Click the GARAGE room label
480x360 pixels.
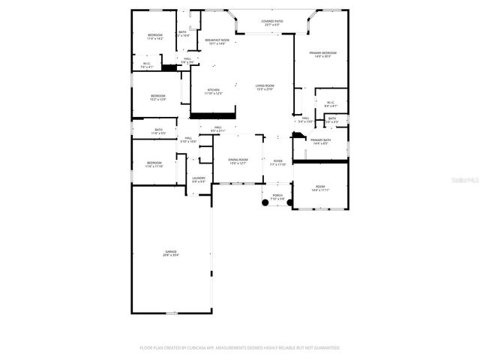click(x=170, y=253)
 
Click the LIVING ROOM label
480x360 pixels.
click(x=265, y=88)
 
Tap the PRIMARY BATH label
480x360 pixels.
click(x=320, y=141)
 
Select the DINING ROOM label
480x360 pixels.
click(x=237, y=161)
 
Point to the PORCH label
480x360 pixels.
click(x=277, y=196)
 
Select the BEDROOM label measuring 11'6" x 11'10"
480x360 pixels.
click(x=154, y=164)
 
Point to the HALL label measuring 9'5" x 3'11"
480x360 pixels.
click(x=217, y=129)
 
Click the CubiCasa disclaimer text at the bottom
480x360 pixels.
click(x=240, y=348)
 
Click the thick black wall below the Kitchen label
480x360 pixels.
click(x=214, y=115)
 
